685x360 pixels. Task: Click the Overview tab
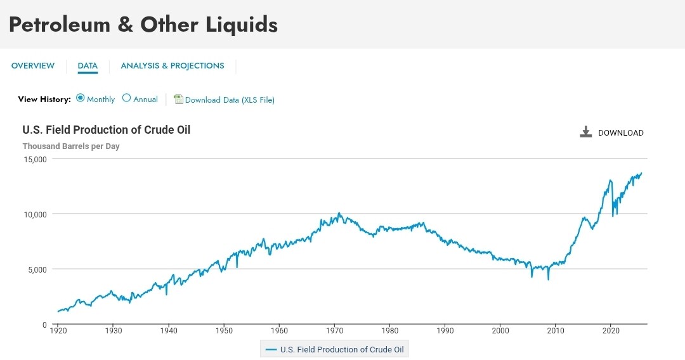point(33,66)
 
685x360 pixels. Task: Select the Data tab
point(88,66)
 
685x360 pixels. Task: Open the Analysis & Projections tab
point(173,66)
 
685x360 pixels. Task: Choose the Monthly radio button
point(81,98)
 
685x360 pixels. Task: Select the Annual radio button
point(126,98)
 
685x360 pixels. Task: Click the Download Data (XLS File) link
point(229,100)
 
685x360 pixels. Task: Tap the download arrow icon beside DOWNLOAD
point(585,132)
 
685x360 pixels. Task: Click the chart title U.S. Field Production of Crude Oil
point(107,130)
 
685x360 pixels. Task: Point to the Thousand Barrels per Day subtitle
point(71,146)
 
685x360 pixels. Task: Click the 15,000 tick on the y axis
point(36,159)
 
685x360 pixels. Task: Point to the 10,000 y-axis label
point(36,214)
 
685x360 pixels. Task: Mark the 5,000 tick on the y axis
point(37,269)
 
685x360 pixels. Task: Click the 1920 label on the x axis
point(58,330)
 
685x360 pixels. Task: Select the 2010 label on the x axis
point(556,330)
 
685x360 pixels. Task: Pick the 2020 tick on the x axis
point(611,330)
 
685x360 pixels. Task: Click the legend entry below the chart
point(336,349)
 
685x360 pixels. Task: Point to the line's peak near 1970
point(339,214)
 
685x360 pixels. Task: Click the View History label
point(44,100)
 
